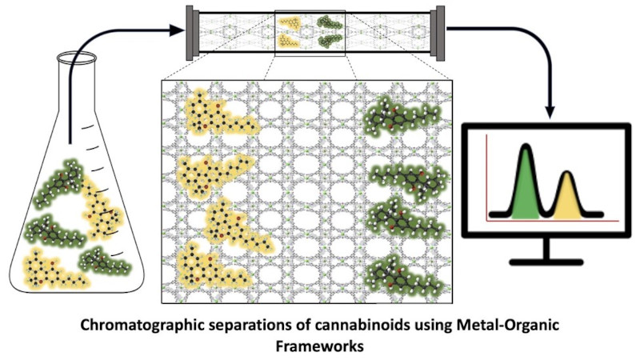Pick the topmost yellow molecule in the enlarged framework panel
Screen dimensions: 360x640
click(x=218, y=114)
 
